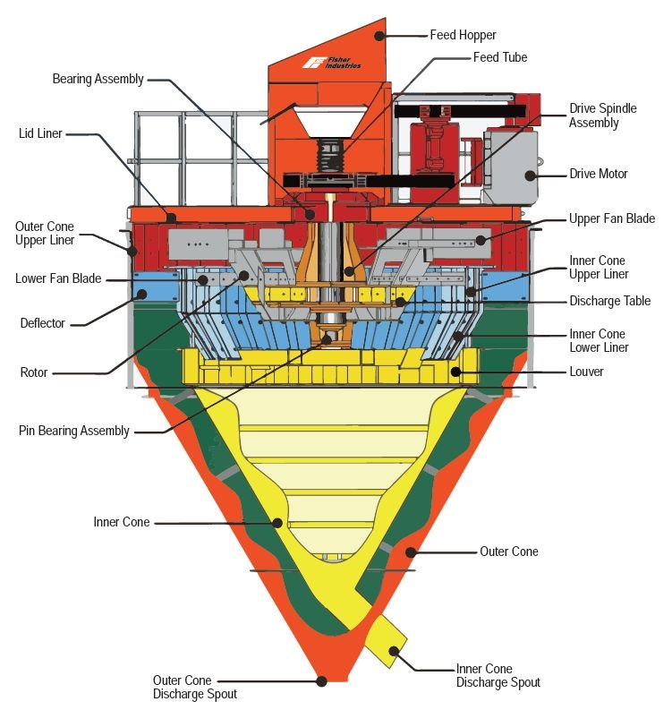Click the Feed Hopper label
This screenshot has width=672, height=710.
point(463,35)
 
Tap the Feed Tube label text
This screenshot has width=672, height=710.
point(500,57)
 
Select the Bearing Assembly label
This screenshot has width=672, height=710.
point(98,79)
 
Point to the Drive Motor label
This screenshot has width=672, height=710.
point(599,174)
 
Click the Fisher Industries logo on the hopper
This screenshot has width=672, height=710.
point(332,63)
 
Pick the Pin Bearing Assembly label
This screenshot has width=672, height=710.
point(73,431)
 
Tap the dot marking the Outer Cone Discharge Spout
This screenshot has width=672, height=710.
point(322,681)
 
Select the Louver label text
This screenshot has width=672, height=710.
point(586,372)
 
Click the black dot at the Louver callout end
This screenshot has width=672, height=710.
point(455,372)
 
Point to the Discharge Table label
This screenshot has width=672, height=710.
point(609,301)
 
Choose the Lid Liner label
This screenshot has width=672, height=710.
point(40,133)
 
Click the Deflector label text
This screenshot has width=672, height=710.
point(43,323)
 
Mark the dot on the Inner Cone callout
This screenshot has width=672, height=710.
point(278,523)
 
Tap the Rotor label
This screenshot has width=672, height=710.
point(34,372)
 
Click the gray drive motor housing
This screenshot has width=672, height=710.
point(510,167)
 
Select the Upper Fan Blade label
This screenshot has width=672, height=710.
point(612,218)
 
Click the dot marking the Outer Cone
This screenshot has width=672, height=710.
point(411,552)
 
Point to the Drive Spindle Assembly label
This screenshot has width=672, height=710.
point(602,115)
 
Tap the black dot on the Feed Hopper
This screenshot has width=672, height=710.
point(379,36)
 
